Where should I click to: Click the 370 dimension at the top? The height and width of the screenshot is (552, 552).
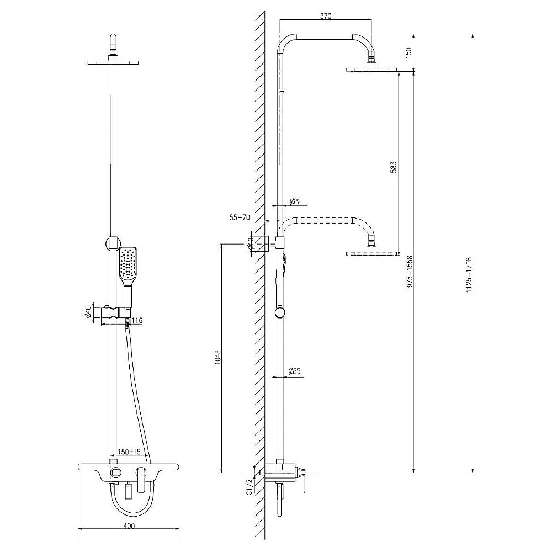pos(326,16)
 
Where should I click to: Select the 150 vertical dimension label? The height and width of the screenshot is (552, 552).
pos(409,53)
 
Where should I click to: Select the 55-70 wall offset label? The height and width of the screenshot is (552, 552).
pos(241,218)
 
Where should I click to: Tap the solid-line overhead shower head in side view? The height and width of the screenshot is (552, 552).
pos(372,69)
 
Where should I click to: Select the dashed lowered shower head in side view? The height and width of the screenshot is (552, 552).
pos(372,253)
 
